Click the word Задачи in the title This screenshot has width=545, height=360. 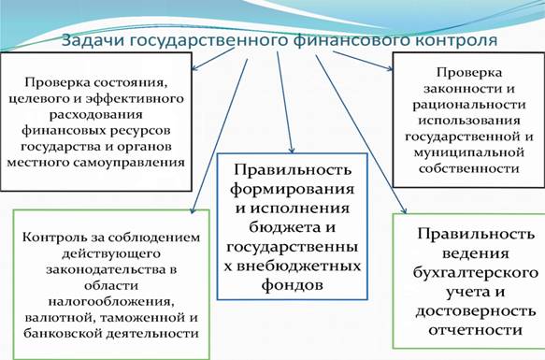(x=93, y=40)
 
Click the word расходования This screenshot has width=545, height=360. (x=96, y=115)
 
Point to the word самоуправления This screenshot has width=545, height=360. (x=129, y=163)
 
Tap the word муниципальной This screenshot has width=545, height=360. (x=469, y=152)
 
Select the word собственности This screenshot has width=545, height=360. (x=469, y=168)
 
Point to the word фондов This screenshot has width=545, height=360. (x=293, y=285)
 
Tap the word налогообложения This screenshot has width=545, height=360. (x=111, y=301)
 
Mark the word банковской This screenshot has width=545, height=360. (x=63, y=333)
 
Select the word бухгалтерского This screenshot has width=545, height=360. (x=476, y=272)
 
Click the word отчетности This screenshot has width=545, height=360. (x=476, y=330)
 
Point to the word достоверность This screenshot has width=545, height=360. (x=476, y=311)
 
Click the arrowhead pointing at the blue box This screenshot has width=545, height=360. (x=292, y=150)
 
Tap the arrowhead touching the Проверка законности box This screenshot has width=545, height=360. (x=390, y=68)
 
